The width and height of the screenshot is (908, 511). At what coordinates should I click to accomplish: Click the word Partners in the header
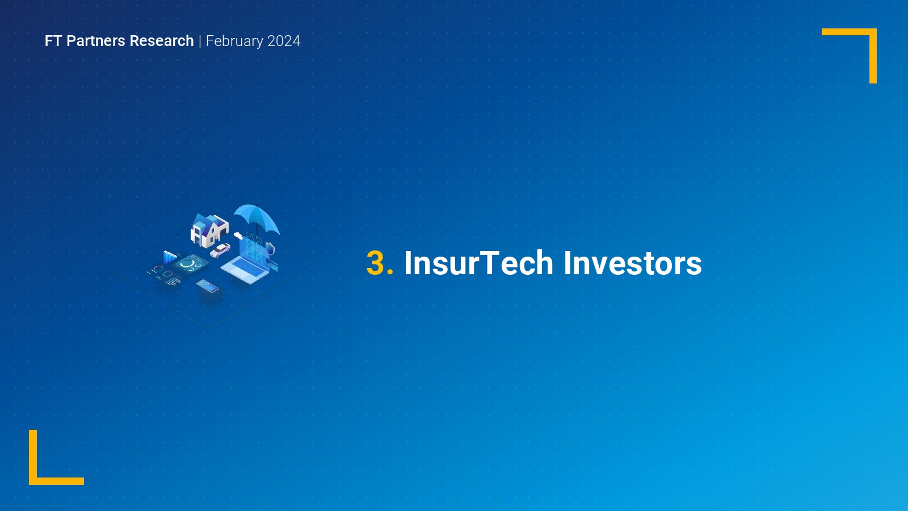[x=96, y=41]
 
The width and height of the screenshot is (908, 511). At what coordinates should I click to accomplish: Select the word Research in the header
[x=161, y=41]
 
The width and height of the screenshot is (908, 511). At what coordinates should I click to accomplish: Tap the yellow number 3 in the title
[x=376, y=263]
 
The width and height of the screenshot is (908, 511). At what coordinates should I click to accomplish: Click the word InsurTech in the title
[x=479, y=263]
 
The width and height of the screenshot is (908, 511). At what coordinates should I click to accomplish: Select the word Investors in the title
[x=633, y=263]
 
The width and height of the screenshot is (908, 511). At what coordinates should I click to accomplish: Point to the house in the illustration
[x=209, y=231]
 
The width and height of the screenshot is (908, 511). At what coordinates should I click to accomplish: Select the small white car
[x=220, y=250]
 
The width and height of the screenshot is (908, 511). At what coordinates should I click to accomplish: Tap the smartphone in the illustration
[x=208, y=286]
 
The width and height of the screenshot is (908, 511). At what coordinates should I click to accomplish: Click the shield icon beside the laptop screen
[x=270, y=248]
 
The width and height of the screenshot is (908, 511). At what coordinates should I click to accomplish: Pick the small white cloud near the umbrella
[x=238, y=236]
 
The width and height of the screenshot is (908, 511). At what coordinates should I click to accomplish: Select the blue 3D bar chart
[x=170, y=257]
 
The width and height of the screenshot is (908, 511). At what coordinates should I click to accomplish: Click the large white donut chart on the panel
[x=187, y=263]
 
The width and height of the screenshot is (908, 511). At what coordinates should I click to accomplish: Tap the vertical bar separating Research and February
[x=200, y=41]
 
